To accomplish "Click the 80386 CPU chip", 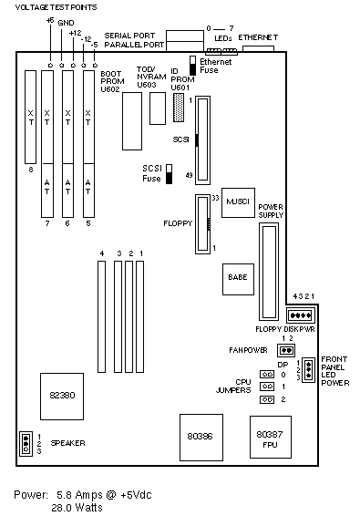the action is pyautogui.click(x=201, y=438).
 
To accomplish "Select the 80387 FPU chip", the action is pyautogui.click(x=271, y=437).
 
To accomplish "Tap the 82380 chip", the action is pyautogui.click(x=62, y=397).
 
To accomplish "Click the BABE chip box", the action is pyautogui.click(x=238, y=279).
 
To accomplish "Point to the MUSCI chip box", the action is pyautogui.click(x=238, y=202).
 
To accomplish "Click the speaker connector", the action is pyautogui.click(x=26, y=444).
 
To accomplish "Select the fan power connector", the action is pyautogui.click(x=286, y=350).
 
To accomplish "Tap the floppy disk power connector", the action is pyautogui.click(x=301, y=315).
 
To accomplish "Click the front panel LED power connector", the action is pyautogui.click(x=309, y=370).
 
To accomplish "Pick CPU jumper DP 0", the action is pyautogui.click(x=267, y=374).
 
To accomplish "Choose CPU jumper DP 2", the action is pyautogui.click(x=267, y=399).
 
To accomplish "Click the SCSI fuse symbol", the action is pyautogui.click(x=169, y=174).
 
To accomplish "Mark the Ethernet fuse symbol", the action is pyautogui.click(x=193, y=65).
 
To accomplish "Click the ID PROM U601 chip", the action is pyautogui.click(x=179, y=108).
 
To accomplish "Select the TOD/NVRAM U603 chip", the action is pyautogui.click(x=158, y=108).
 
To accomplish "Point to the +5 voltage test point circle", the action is pyautogui.click(x=50, y=66).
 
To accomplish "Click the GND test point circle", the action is pyautogui.click(x=62, y=66).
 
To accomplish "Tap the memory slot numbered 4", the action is pyautogui.click(x=102, y=316).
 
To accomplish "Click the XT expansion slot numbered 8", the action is pyautogui.click(x=31, y=117).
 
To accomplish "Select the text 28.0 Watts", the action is pyautogui.click(x=77, y=508).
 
